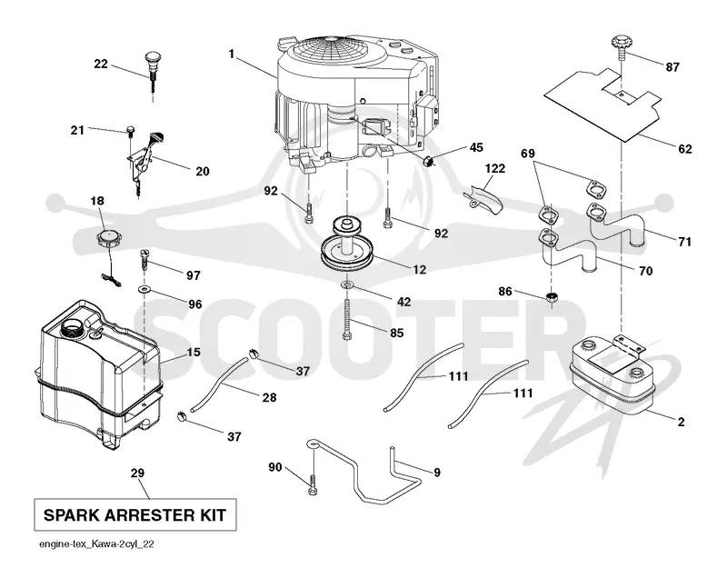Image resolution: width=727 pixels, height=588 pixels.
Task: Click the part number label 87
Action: [x=672, y=67]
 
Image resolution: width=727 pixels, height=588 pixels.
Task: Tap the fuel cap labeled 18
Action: [x=109, y=240]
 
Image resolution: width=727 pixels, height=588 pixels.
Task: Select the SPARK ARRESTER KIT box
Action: [x=135, y=514]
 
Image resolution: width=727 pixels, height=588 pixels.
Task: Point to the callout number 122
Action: [x=494, y=168]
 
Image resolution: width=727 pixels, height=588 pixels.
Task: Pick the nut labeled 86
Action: [x=552, y=298]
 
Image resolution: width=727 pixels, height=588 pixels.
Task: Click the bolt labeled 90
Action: [x=313, y=483]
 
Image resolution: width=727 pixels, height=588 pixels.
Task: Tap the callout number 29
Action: [x=137, y=473]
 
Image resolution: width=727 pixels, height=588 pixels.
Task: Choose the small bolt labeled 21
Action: [x=130, y=130]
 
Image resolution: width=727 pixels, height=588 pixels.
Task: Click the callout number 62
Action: [x=684, y=149]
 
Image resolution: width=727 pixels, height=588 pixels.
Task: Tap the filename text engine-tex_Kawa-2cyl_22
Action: [x=96, y=544]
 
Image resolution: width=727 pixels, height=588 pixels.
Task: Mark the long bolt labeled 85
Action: [x=347, y=320]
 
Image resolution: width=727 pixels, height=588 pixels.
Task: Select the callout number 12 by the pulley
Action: [x=419, y=269]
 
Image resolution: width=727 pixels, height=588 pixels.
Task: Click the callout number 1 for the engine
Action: [x=232, y=55]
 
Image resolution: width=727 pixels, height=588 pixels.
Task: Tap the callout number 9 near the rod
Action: [x=437, y=473]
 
